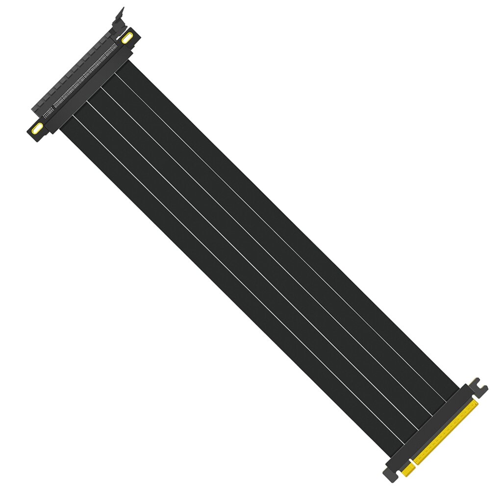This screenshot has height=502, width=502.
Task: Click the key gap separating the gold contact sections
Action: tap(413, 463)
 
